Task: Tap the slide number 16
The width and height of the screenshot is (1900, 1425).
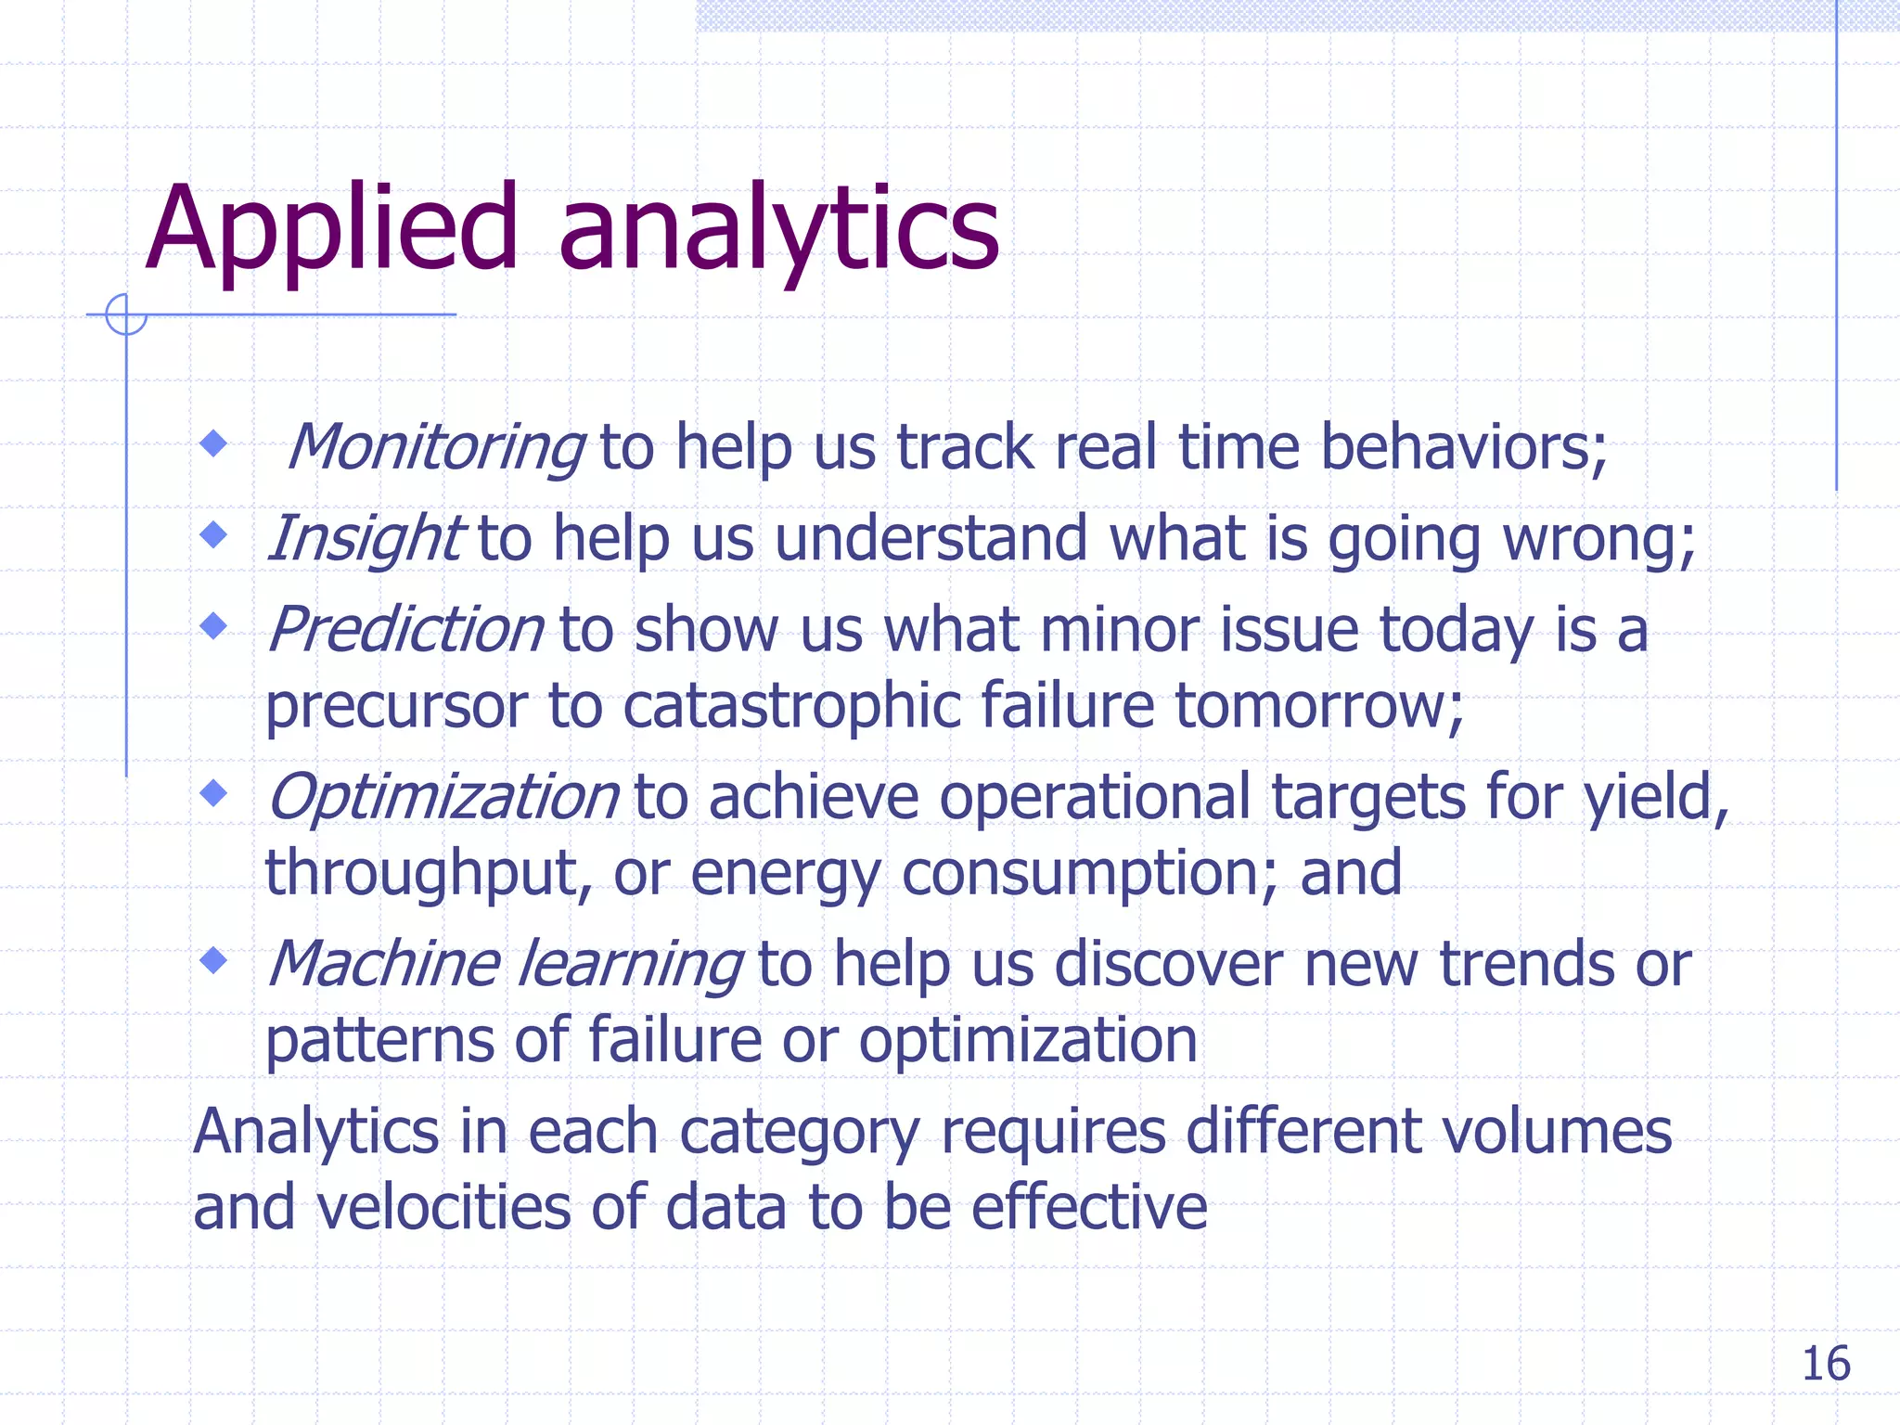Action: (1825, 1364)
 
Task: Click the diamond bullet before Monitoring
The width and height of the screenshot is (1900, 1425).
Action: (214, 443)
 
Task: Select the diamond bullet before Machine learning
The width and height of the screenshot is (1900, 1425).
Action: (214, 959)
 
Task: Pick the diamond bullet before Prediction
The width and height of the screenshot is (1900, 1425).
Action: (214, 625)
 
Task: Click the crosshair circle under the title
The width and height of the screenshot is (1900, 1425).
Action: (126, 315)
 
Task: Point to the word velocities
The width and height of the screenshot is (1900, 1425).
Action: (443, 1208)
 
